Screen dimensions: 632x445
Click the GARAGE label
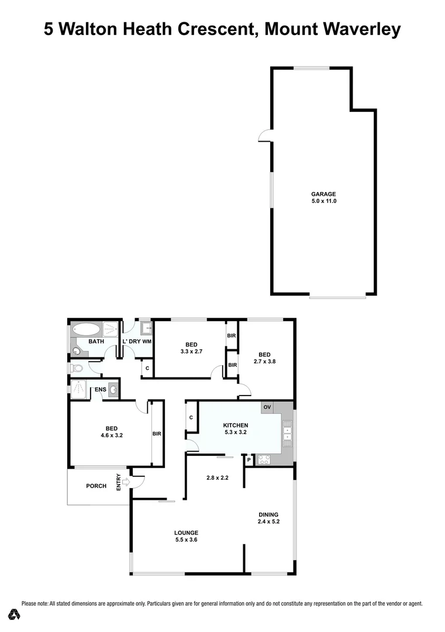323,194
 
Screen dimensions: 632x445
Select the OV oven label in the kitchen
267,407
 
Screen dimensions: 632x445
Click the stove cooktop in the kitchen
264,460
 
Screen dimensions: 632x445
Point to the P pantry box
249,460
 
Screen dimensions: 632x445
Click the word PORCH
96,486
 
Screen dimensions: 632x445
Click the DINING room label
268,514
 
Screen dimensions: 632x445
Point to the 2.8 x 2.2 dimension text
217,478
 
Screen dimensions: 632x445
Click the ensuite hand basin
113,389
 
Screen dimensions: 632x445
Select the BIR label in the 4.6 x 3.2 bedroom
156,434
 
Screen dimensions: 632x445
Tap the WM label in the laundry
147,341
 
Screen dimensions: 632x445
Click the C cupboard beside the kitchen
191,418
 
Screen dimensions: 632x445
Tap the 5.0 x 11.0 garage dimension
323,201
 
